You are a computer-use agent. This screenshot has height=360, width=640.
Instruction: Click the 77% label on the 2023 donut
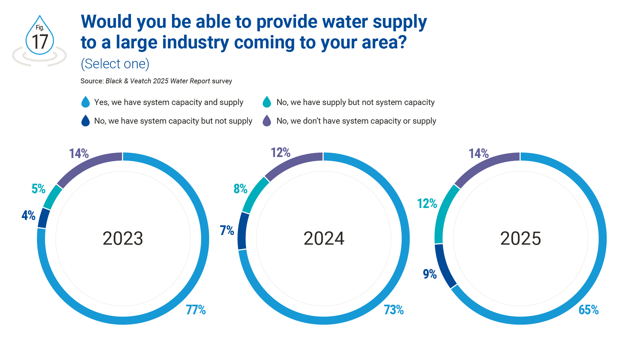[x=196, y=310]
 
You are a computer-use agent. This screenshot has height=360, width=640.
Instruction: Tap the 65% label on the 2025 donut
[x=588, y=310]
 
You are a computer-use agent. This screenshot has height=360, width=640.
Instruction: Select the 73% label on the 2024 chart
[x=393, y=310]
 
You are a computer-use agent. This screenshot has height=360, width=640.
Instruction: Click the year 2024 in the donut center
[x=324, y=239]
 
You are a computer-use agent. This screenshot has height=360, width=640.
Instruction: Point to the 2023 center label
[x=123, y=239]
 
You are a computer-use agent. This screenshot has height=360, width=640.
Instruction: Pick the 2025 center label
[x=520, y=239]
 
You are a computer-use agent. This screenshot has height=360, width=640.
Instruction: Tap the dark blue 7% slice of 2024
[x=242, y=231]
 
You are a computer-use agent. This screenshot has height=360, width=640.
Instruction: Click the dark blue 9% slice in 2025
[x=445, y=266]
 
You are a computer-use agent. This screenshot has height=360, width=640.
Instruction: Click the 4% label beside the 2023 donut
[x=28, y=215]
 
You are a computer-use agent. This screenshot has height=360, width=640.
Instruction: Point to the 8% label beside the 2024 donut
[x=240, y=189]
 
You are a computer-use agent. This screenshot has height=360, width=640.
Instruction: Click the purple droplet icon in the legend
[x=267, y=121]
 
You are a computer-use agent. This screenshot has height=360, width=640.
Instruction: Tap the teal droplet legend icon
[x=267, y=102]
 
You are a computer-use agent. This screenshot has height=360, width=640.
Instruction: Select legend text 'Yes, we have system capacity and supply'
[x=169, y=102]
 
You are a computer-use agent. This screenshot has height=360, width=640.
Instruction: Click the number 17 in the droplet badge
[x=40, y=42]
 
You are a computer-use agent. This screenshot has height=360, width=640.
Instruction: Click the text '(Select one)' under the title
[x=115, y=64]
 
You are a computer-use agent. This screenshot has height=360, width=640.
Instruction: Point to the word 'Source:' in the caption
[x=92, y=81]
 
